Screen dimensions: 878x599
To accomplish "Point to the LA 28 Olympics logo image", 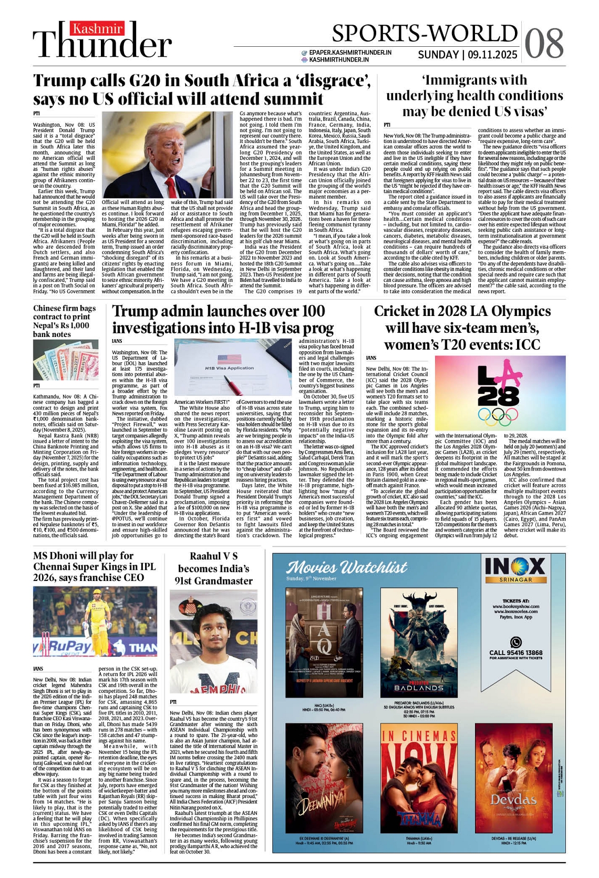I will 500,393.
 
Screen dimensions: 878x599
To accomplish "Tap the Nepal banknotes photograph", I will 66,360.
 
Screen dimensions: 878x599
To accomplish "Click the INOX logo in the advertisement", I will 515,568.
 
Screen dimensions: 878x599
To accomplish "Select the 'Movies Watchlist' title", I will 347,567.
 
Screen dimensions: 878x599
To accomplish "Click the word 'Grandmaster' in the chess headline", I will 214,581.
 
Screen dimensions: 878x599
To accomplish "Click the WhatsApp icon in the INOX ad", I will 516,642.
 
